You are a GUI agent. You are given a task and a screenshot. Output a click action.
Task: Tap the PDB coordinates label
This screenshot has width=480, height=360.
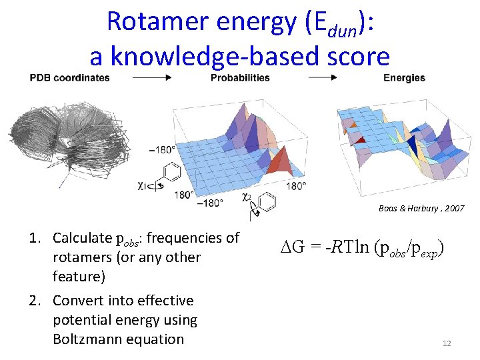pyautogui.click(x=69, y=77)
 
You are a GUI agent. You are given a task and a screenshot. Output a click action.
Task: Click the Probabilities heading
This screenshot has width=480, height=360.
pyautogui.click(x=240, y=77)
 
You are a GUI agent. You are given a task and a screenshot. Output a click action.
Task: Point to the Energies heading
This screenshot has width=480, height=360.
pyautogui.click(x=404, y=77)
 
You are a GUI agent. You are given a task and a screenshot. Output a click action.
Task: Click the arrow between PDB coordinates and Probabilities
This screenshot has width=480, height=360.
pyautogui.click(x=152, y=77)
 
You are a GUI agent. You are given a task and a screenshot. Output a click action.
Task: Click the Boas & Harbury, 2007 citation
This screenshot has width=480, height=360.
pyautogui.click(x=421, y=209)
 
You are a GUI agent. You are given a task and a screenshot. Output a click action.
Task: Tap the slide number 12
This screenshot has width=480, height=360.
pyautogui.click(x=447, y=343)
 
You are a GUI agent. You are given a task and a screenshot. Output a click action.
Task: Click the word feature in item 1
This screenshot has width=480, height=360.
pyautogui.click(x=77, y=276)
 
